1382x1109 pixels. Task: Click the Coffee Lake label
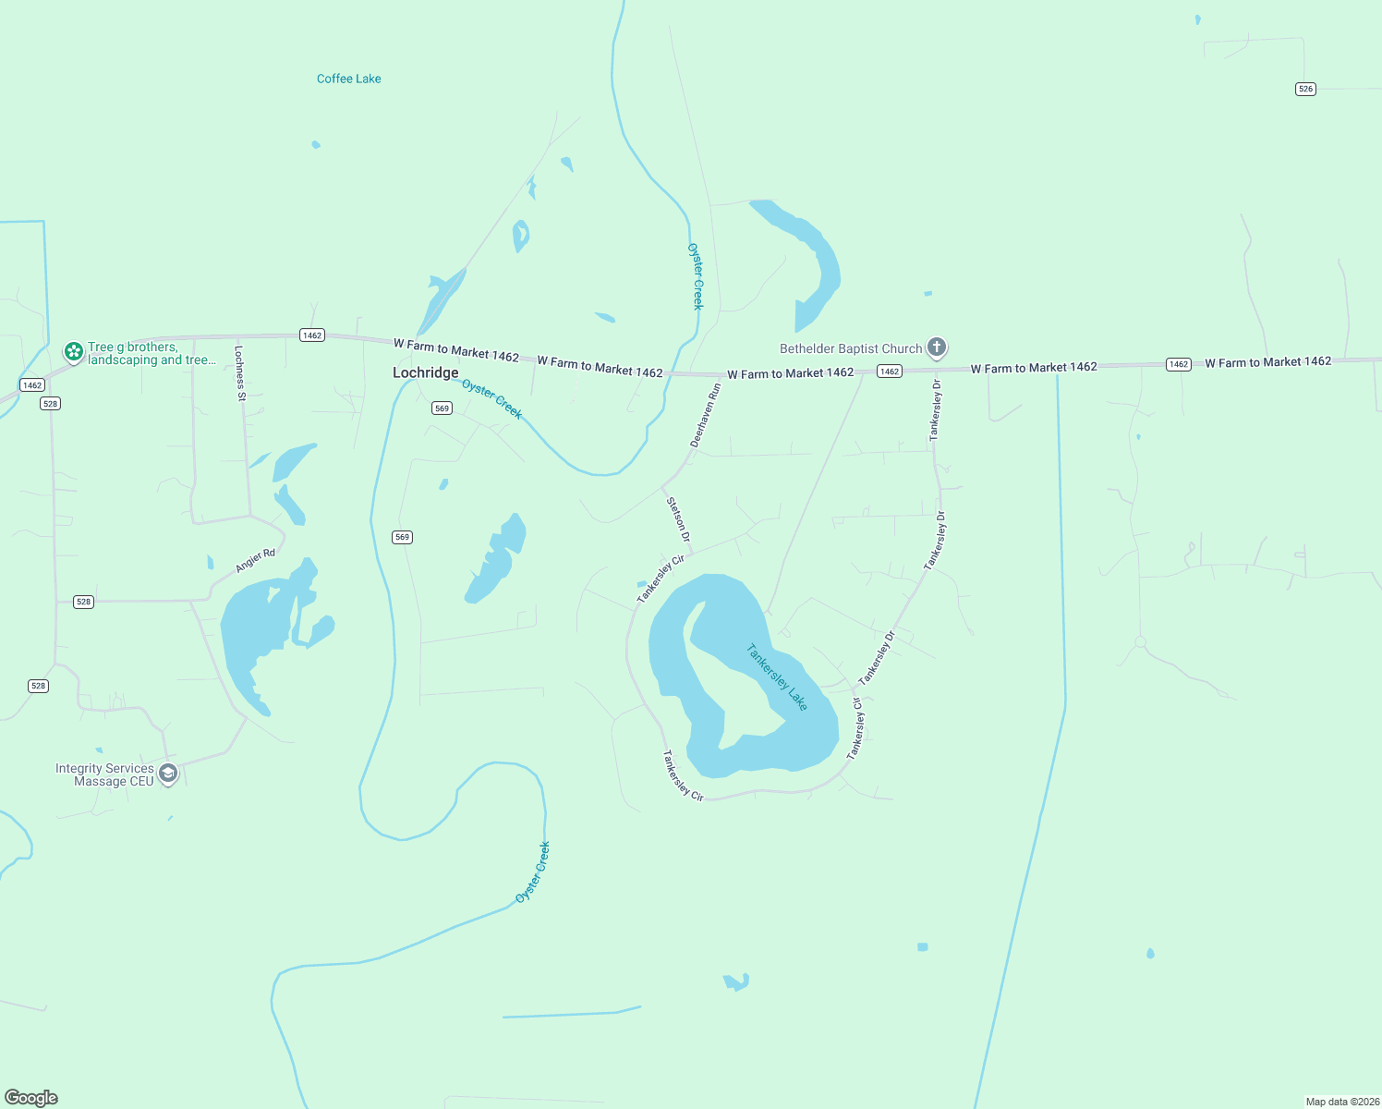pyautogui.click(x=348, y=79)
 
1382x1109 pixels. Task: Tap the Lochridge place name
pyautogui.click(x=425, y=372)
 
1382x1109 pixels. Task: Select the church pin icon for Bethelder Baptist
pyautogui.click(x=937, y=347)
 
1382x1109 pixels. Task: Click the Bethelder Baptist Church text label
pyautogui.click(x=851, y=348)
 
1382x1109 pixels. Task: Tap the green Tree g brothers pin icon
pyautogui.click(x=74, y=351)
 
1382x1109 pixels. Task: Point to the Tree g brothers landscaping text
pyautogui.click(x=152, y=354)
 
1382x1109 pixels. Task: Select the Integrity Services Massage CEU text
pyautogui.click(x=104, y=774)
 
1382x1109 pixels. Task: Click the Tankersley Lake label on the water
pyautogui.click(x=777, y=677)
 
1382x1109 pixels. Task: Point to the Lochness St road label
pyautogui.click(x=240, y=373)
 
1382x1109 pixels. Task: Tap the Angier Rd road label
pyautogui.click(x=255, y=560)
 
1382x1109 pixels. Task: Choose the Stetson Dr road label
pyautogui.click(x=679, y=519)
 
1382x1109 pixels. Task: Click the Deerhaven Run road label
pyautogui.click(x=705, y=416)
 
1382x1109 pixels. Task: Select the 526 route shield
pyautogui.click(x=1304, y=89)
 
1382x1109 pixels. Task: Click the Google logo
pyautogui.click(x=31, y=1097)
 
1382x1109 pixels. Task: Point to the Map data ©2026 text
pyautogui.click(x=1342, y=1101)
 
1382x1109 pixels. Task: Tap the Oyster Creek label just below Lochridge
pyautogui.click(x=492, y=398)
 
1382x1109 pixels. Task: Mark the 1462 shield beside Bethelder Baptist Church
pyautogui.click(x=889, y=371)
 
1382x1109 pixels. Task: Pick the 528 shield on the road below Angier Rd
pyautogui.click(x=83, y=602)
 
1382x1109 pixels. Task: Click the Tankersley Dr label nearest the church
pyautogui.click(x=936, y=409)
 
